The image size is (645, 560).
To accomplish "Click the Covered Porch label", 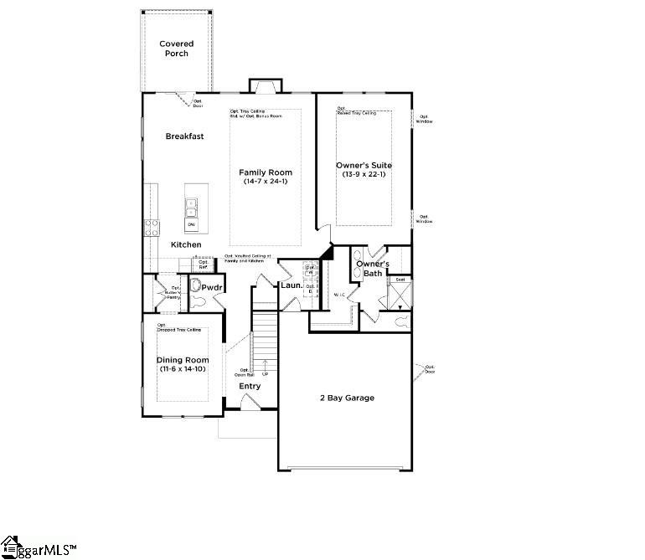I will (176, 49).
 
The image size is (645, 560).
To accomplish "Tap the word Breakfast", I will (184, 136).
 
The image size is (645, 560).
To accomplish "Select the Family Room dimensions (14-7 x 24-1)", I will (266, 182).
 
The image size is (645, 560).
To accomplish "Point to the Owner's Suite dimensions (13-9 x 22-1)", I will (364, 174).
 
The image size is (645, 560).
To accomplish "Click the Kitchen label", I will (186, 244).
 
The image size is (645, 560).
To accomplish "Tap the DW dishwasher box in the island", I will (191, 225).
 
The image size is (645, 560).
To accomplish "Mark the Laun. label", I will (291, 285).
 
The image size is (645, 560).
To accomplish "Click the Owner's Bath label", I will (372, 269).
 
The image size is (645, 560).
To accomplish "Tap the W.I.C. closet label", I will (340, 295).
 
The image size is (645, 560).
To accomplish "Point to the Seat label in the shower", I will (400, 280).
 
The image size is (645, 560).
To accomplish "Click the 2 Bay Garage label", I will (347, 398).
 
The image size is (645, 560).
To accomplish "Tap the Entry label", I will (250, 386).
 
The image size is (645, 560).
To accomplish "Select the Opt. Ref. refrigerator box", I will (204, 264).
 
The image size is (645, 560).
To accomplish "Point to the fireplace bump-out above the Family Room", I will (265, 85).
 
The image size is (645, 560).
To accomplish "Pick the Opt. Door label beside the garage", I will (429, 369).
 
